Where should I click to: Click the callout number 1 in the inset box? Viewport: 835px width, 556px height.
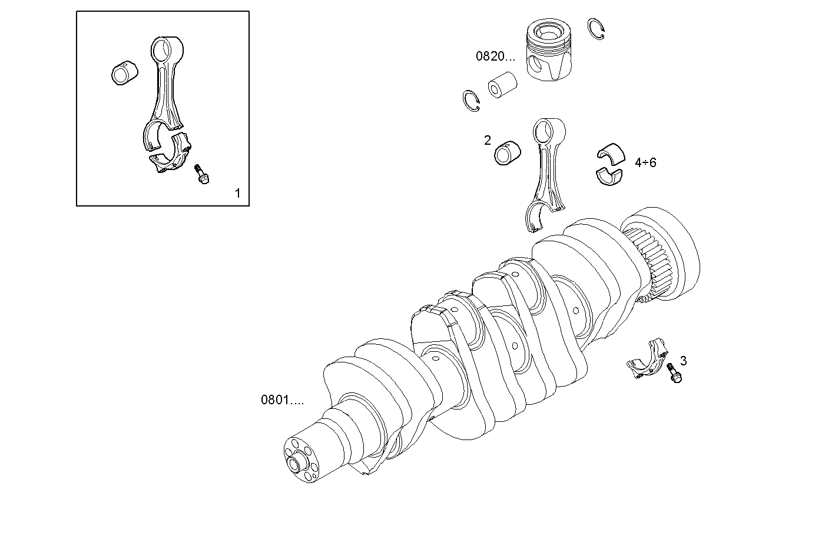coord(237,193)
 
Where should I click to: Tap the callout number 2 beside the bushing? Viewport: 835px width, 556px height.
coord(487,140)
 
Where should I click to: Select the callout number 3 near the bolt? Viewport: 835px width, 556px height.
coord(683,360)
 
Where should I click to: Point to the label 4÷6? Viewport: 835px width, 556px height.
coord(645,162)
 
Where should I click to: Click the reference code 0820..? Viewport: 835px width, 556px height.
coord(495,56)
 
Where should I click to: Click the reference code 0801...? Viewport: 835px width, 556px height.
coord(282,400)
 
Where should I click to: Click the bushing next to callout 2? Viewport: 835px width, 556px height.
coord(509,153)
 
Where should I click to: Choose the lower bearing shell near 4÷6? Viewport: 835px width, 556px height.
coord(609,175)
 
